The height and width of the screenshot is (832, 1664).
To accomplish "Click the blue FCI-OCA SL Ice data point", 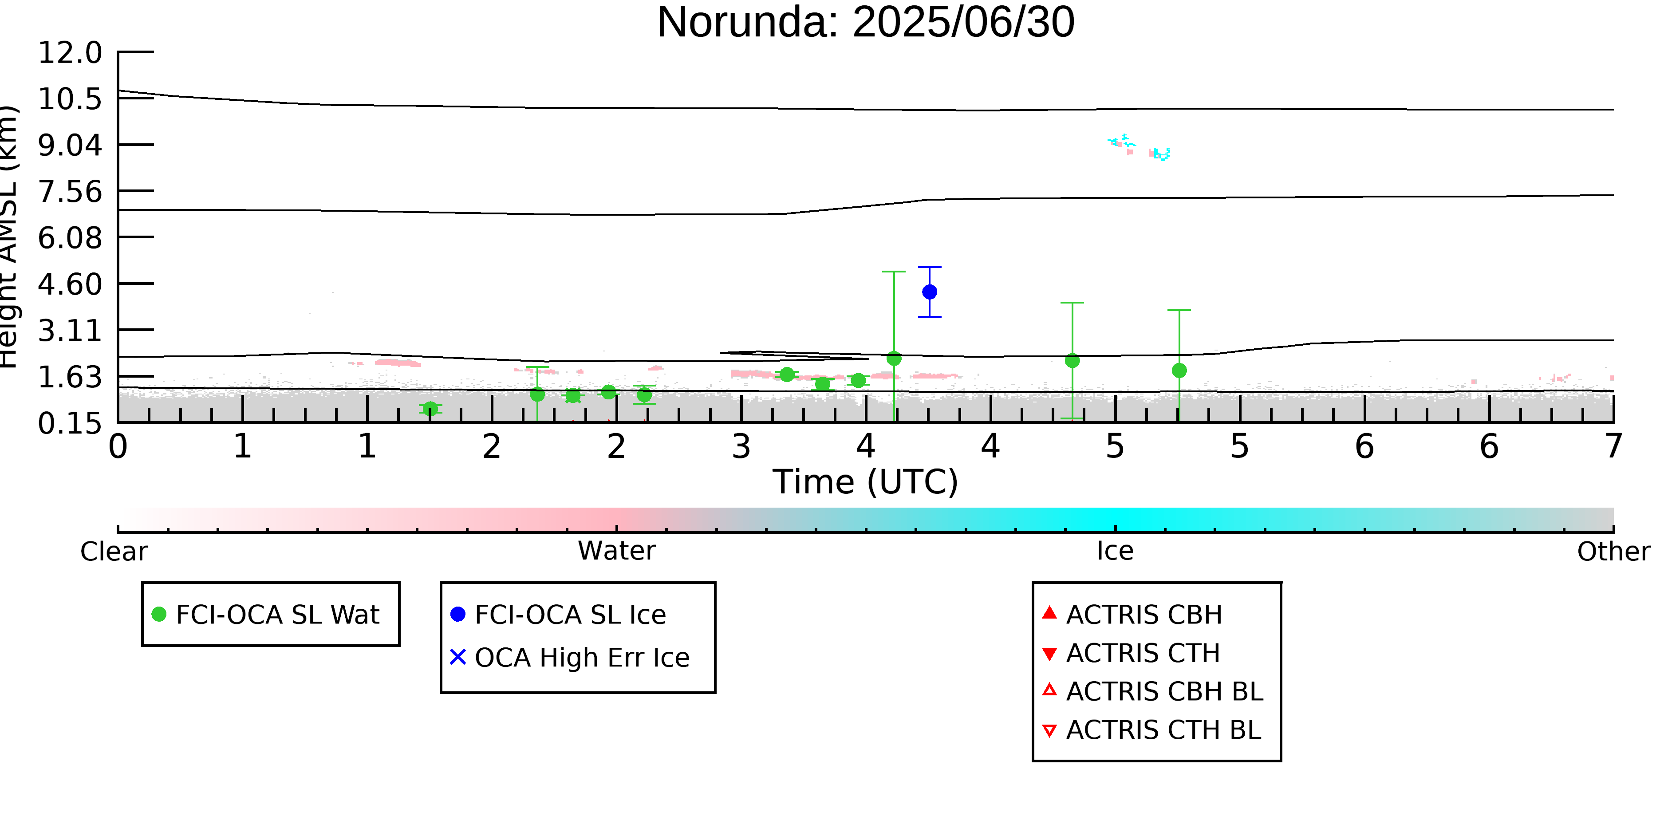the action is tap(930, 292).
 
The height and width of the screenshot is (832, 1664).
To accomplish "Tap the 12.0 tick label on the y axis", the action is tap(70, 52).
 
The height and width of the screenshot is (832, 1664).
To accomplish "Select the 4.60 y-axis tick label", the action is tap(70, 284).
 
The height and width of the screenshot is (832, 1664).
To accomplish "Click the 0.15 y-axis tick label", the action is tap(70, 424).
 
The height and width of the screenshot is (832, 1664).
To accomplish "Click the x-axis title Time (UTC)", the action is tap(866, 482).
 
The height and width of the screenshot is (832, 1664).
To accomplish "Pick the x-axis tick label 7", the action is tap(1613, 446).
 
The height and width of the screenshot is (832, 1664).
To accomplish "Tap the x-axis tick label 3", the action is tap(741, 446).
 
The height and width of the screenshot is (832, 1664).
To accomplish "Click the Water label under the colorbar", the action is tap(617, 551).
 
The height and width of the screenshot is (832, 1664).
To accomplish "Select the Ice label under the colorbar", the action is tap(1115, 551).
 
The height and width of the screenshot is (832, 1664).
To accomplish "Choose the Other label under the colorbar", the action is tap(1613, 552).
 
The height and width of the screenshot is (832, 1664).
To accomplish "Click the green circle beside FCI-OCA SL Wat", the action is tap(159, 614).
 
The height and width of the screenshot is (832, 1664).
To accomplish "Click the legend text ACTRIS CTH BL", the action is tap(1163, 730).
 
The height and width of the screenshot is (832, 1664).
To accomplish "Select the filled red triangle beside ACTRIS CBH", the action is tap(1050, 612).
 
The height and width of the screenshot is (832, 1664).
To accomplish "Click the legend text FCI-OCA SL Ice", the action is tap(570, 614).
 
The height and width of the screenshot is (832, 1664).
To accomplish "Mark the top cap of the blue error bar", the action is tap(930, 267).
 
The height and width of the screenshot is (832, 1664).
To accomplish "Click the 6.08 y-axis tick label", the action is tap(70, 238).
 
